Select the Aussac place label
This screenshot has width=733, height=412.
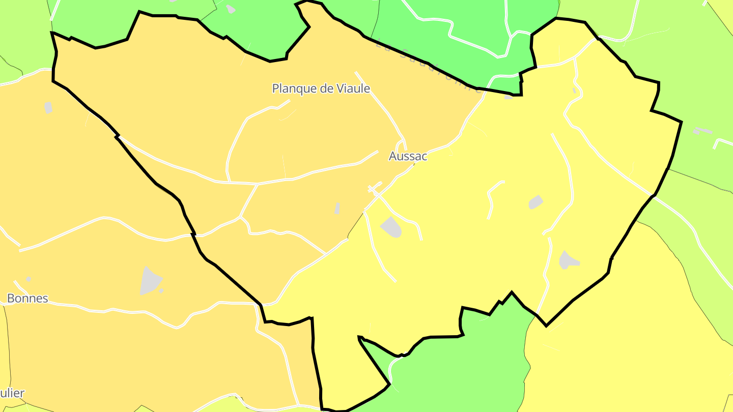click(x=408, y=156)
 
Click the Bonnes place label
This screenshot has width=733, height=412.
click(x=27, y=298)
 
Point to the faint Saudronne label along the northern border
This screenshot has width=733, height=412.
click(x=428, y=66)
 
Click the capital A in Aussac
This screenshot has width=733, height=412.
click(x=392, y=156)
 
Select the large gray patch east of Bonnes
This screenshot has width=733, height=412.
click(x=149, y=281)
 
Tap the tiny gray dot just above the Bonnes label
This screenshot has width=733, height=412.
click(x=29, y=279)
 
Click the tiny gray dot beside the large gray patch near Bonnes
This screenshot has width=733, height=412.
click(x=161, y=291)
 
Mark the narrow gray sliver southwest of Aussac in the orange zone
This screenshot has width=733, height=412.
click(x=337, y=208)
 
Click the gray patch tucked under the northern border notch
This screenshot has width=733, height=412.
click(x=509, y=97)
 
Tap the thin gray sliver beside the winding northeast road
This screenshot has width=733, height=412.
click(x=574, y=91)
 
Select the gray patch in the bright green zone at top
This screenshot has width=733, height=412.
click(x=231, y=9)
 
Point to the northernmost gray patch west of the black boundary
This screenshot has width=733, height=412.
click(x=48, y=107)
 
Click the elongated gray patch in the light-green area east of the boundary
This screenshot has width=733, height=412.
click(x=702, y=131)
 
